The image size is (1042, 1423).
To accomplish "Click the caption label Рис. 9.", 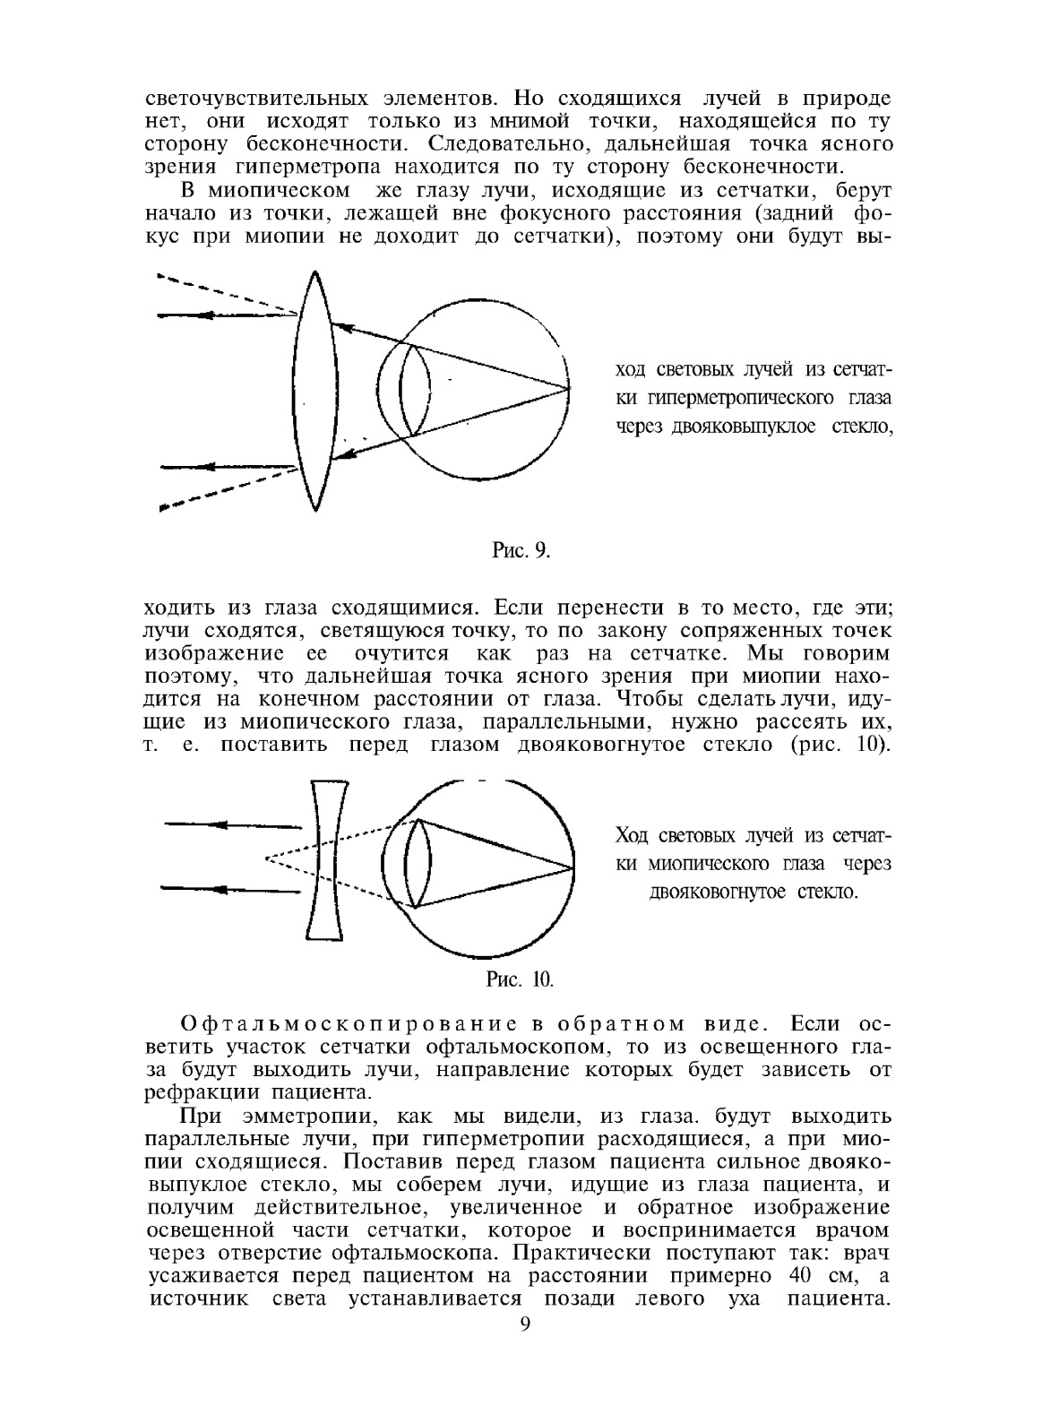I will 520,550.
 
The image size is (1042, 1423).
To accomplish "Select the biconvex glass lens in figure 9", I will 314,392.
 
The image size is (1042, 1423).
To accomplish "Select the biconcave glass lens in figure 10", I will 328,860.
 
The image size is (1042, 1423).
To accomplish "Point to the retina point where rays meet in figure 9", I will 568,389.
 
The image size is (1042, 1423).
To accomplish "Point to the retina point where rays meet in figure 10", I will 571,867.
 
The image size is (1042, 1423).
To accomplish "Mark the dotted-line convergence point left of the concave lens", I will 266,858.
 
